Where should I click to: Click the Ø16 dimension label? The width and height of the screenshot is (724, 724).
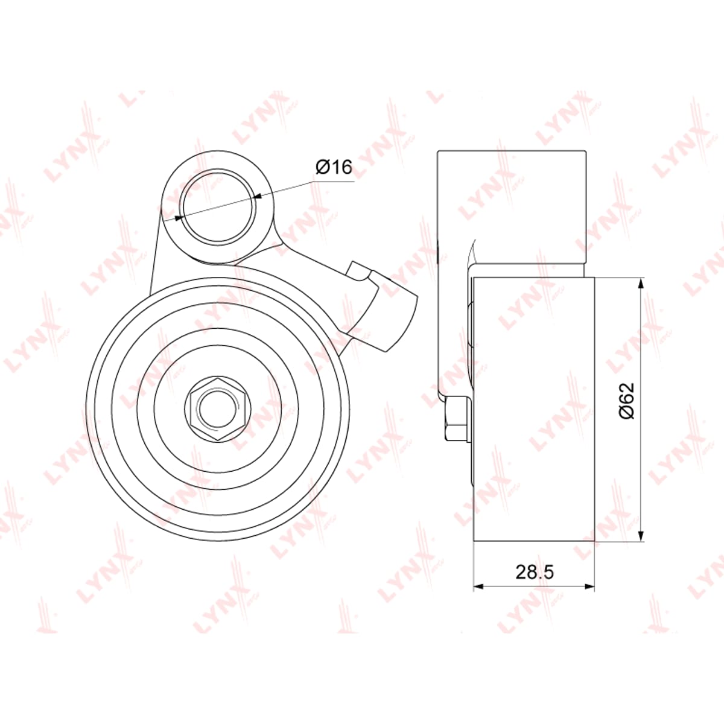click(334, 167)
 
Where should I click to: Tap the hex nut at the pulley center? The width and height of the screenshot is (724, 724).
click(218, 410)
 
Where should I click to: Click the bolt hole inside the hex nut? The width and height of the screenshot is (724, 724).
click(218, 410)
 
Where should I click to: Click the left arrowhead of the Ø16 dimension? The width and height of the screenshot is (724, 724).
click(179, 218)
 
